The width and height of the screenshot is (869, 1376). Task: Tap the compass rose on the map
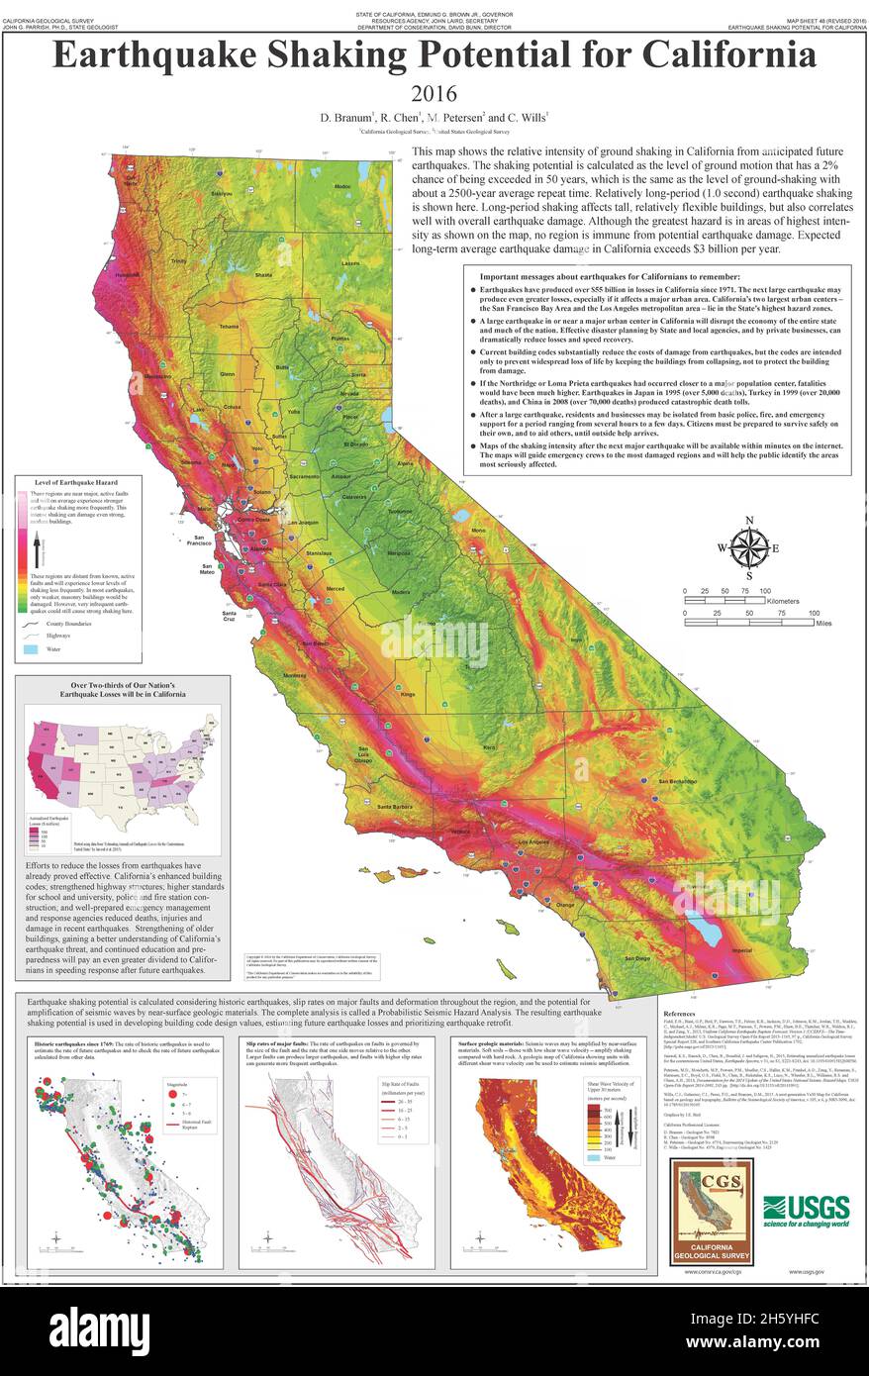(749, 546)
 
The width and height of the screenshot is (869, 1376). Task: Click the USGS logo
(806, 1209)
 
